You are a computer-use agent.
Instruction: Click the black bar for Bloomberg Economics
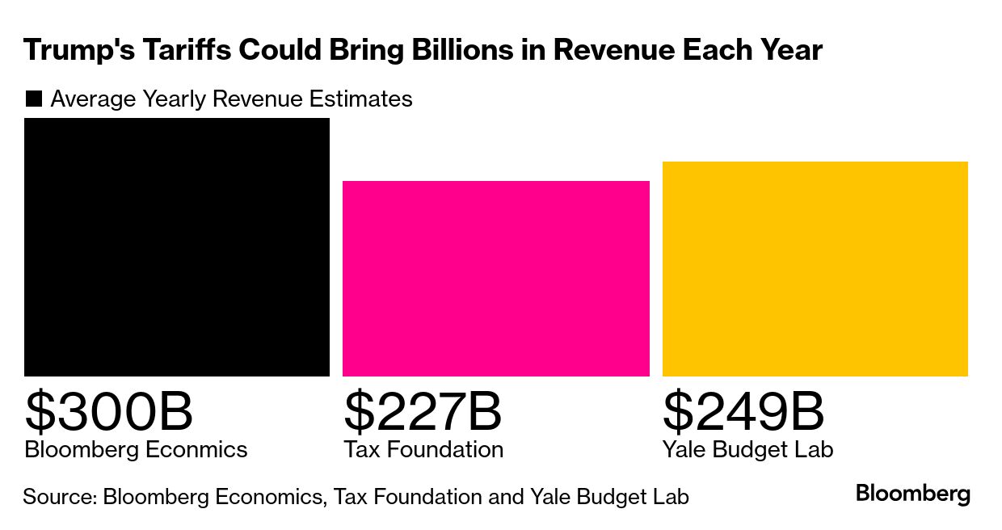pos(177,247)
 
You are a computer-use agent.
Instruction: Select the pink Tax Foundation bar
pos(495,279)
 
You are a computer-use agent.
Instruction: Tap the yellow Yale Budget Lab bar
pos(815,269)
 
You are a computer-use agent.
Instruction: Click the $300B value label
pos(109,411)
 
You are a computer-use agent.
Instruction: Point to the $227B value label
pos(423,411)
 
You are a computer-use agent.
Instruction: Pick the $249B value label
pos(743,411)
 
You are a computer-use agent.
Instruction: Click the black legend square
pos(34,99)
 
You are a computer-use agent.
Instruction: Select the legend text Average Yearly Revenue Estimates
pos(231,99)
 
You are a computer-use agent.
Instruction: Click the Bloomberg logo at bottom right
pos(913,494)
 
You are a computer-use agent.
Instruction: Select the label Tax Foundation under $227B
pos(423,449)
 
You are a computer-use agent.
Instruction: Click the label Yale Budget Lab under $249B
pos(747,449)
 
